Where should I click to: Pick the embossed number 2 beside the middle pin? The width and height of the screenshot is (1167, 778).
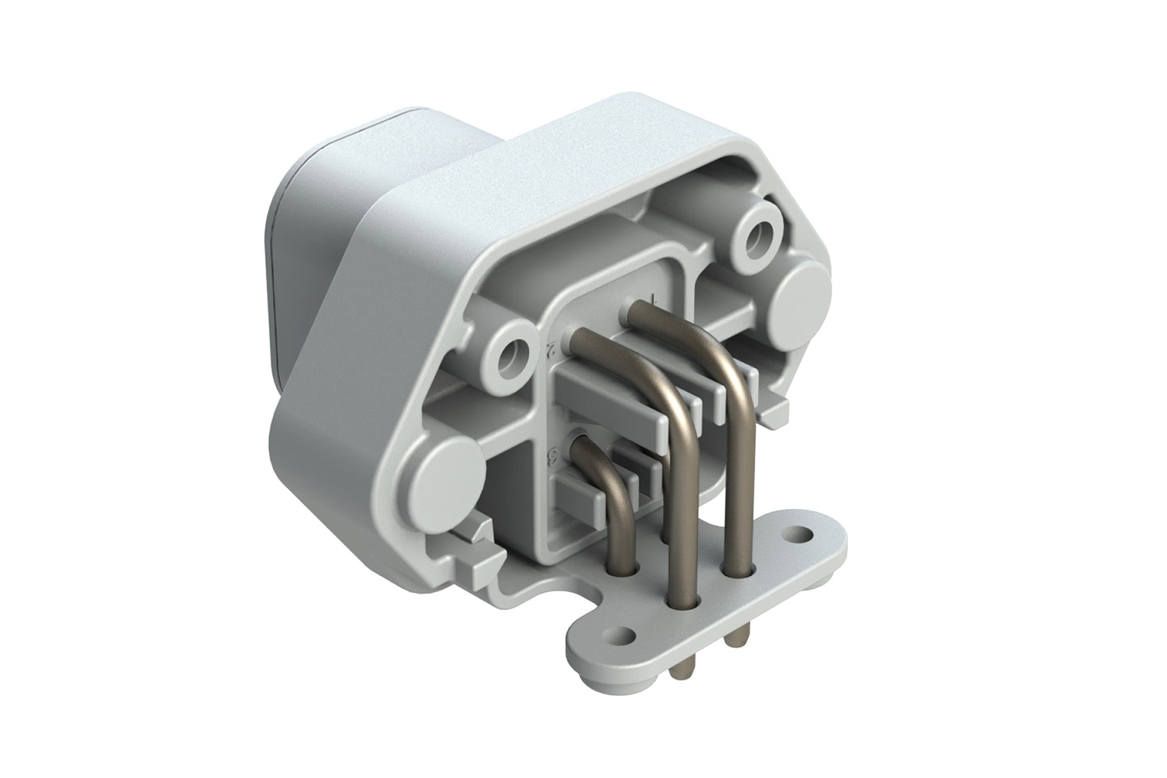pos(549,350)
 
